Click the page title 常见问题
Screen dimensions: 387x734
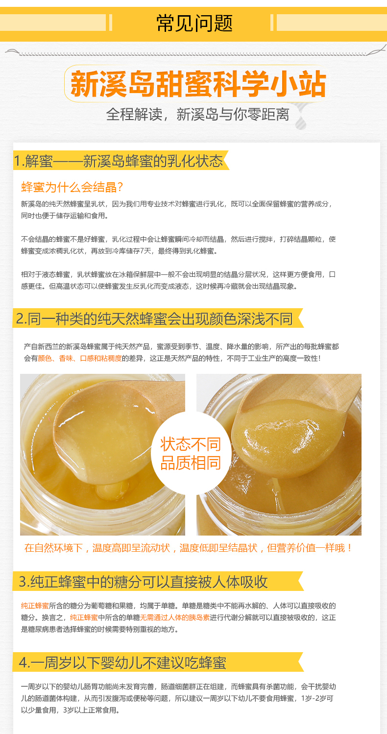tap(194, 23)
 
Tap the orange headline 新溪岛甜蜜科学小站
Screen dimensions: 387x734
tap(198, 84)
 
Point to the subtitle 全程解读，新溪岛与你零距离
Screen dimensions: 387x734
tap(197, 115)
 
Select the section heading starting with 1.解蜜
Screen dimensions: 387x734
tap(118, 161)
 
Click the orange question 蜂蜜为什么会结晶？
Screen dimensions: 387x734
tap(72, 187)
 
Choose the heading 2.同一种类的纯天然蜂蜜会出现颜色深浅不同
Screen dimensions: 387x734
tap(154, 318)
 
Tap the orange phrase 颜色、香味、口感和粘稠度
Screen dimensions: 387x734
tap(80, 359)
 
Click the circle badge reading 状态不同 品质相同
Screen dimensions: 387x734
tap(191, 453)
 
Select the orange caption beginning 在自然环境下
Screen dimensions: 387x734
tap(188, 548)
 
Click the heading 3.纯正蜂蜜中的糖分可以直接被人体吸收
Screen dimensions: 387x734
tap(143, 582)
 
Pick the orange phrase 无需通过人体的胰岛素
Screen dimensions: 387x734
tap(175, 618)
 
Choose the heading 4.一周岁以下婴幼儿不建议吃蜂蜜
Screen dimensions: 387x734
tap(122, 662)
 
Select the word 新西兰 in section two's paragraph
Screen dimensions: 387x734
tap(48, 347)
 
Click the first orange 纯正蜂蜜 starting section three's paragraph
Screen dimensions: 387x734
tap(35, 606)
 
